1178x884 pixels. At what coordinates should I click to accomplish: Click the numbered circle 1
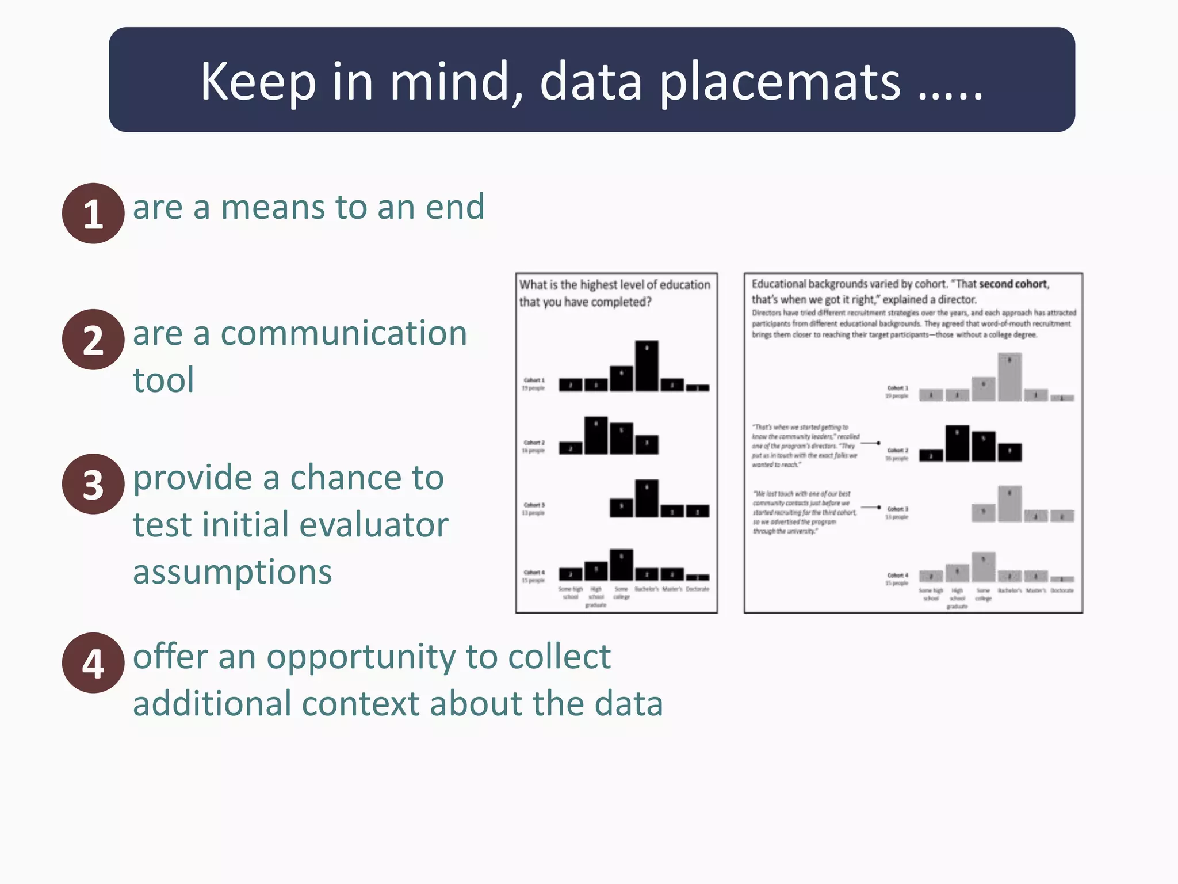(x=93, y=214)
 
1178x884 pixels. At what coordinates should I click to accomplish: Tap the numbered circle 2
(x=93, y=340)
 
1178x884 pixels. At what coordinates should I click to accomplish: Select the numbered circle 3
(x=93, y=484)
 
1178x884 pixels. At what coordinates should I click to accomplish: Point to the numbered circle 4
(x=93, y=663)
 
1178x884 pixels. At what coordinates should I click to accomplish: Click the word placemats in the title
(x=779, y=82)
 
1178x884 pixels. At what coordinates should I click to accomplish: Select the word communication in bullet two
(x=343, y=334)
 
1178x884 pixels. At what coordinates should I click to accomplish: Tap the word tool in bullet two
(x=163, y=380)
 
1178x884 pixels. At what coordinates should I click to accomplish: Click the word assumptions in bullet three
(x=232, y=573)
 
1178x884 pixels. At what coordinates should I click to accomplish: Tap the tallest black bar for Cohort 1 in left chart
(x=647, y=366)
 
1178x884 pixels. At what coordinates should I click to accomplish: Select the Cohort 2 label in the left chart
(x=534, y=445)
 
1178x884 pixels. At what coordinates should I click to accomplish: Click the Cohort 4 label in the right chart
(x=897, y=578)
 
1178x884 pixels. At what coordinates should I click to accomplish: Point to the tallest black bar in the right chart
(x=957, y=443)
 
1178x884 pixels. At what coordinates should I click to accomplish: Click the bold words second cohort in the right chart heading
(x=1013, y=284)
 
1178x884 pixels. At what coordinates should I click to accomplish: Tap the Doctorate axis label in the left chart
(x=697, y=589)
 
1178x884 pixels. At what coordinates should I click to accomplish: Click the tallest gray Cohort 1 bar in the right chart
(x=1009, y=377)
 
